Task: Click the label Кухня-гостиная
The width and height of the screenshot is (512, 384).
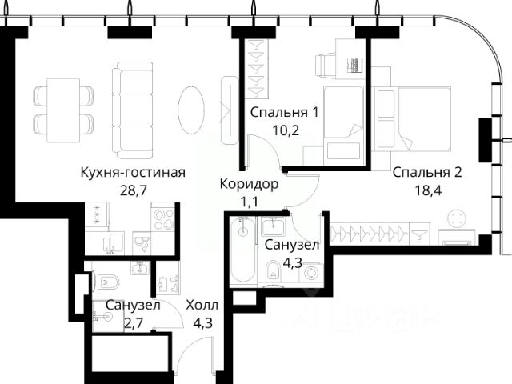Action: pyautogui.click(x=133, y=173)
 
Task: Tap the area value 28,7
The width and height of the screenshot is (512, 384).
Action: pyautogui.click(x=134, y=190)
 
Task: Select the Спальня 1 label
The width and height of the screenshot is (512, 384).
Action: pyautogui.click(x=284, y=113)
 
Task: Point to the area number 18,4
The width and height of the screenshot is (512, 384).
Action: pyautogui.click(x=428, y=190)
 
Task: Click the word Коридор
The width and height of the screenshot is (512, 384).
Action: pyautogui.click(x=249, y=184)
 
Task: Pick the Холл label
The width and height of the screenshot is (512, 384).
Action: pyautogui.click(x=202, y=306)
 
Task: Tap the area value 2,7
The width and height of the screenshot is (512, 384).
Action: pyautogui.click(x=134, y=323)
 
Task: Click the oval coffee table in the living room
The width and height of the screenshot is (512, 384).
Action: pyautogui.click(x=191, y=110)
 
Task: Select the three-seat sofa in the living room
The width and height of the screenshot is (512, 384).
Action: pyautogui.click(x=132, y=110)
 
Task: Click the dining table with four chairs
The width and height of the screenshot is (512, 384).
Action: pyautogui.click(x=63, y=110)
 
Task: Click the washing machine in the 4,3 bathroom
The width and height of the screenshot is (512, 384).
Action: pyautogui.click(x=310, y=273)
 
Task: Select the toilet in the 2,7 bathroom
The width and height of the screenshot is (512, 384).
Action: pyautogui.click(x=106, y=282)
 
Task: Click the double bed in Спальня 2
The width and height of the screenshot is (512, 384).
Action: pyautogui.click(x=424, y=118)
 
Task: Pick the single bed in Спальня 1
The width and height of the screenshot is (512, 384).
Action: pyautogui.click(x=343, y=126)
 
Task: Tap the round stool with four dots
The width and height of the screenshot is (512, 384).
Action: pyautogui.click(x=457, y=218)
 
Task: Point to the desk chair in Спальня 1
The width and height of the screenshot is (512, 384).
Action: pyautogui.click(x=325, y=66)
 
